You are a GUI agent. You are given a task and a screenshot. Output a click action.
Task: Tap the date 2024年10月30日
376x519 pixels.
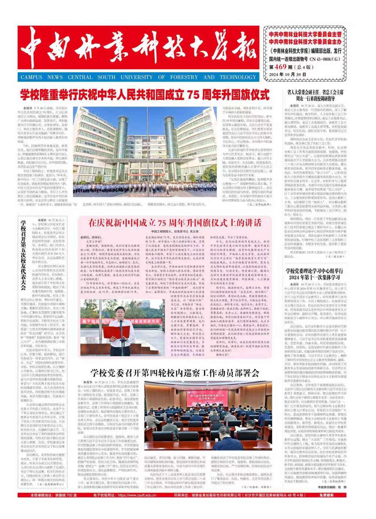[x=288, y=75]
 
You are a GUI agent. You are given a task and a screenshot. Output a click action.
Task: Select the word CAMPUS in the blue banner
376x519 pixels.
[x=31, y=77]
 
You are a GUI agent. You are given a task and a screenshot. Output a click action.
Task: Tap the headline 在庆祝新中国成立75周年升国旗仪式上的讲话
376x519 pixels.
[x=175, y=223]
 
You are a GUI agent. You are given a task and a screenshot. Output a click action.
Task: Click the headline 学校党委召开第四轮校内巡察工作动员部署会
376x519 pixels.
[x=175, y=373]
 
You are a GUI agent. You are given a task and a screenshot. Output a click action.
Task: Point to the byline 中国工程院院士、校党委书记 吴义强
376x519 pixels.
[x=175, y=231]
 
